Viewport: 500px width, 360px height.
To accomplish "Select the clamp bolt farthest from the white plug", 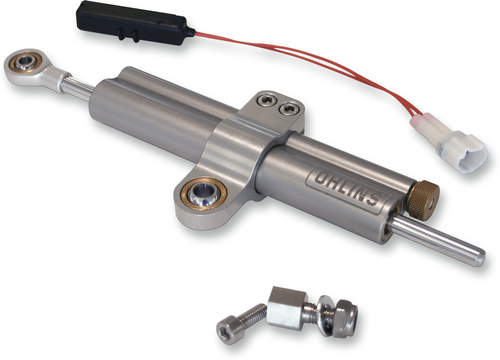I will [266, 100].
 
